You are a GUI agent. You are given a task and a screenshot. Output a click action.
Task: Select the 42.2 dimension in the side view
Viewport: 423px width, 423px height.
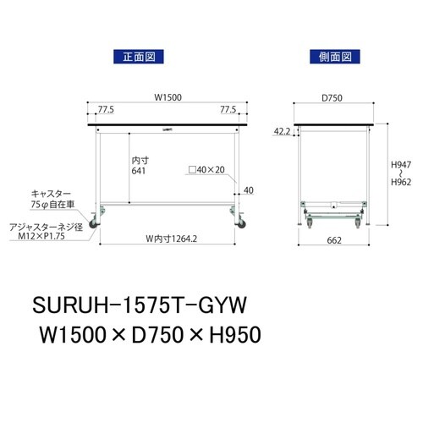(x=283, y=132)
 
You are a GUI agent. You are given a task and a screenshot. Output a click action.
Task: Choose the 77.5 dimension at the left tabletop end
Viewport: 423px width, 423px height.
(x=106, y=110)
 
